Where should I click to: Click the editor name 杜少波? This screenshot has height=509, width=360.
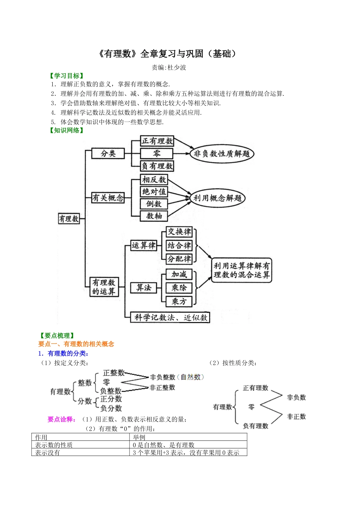pyautogui.click(x=177, y=67)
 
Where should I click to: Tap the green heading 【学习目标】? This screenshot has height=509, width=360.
pyautogui.click(x=66, y=76)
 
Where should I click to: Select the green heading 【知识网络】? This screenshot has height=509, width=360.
pyautogui.click(x=66, y=130)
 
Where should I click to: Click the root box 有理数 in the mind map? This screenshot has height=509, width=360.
pyautogui.click(x=69, y=219)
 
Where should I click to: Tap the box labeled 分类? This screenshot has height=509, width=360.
pyautogui.click(x=108, y=153)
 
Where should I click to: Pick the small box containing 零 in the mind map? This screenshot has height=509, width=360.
pyautogui.click(x=157, y=153)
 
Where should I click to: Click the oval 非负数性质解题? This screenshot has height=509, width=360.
pyautogui.click(x=222, y=154)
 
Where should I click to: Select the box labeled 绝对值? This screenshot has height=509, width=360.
pyautogui.click(x=154, y=192)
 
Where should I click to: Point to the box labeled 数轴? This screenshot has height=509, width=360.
pyautogui.click(x=154, y=216)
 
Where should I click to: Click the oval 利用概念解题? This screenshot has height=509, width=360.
pyautogui.click(x=218, y=198)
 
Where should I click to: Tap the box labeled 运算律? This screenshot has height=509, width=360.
pyautogui.click(x=143, y=245)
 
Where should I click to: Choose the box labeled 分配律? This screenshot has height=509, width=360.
pyautogui.click(x=179, y=259)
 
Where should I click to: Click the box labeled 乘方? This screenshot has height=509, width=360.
pyautogui.click(x=179, y=301)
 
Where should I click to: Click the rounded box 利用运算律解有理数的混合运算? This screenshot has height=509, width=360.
pyautogui.click(x=241, y=270)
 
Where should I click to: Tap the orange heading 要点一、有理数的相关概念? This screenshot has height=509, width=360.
pyautogui.click(x=76, y=344)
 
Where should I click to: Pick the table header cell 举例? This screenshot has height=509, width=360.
pyautogui.click(x=139, y=437)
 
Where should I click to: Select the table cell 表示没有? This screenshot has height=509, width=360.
pyautogui.click(x=48, y=453)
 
